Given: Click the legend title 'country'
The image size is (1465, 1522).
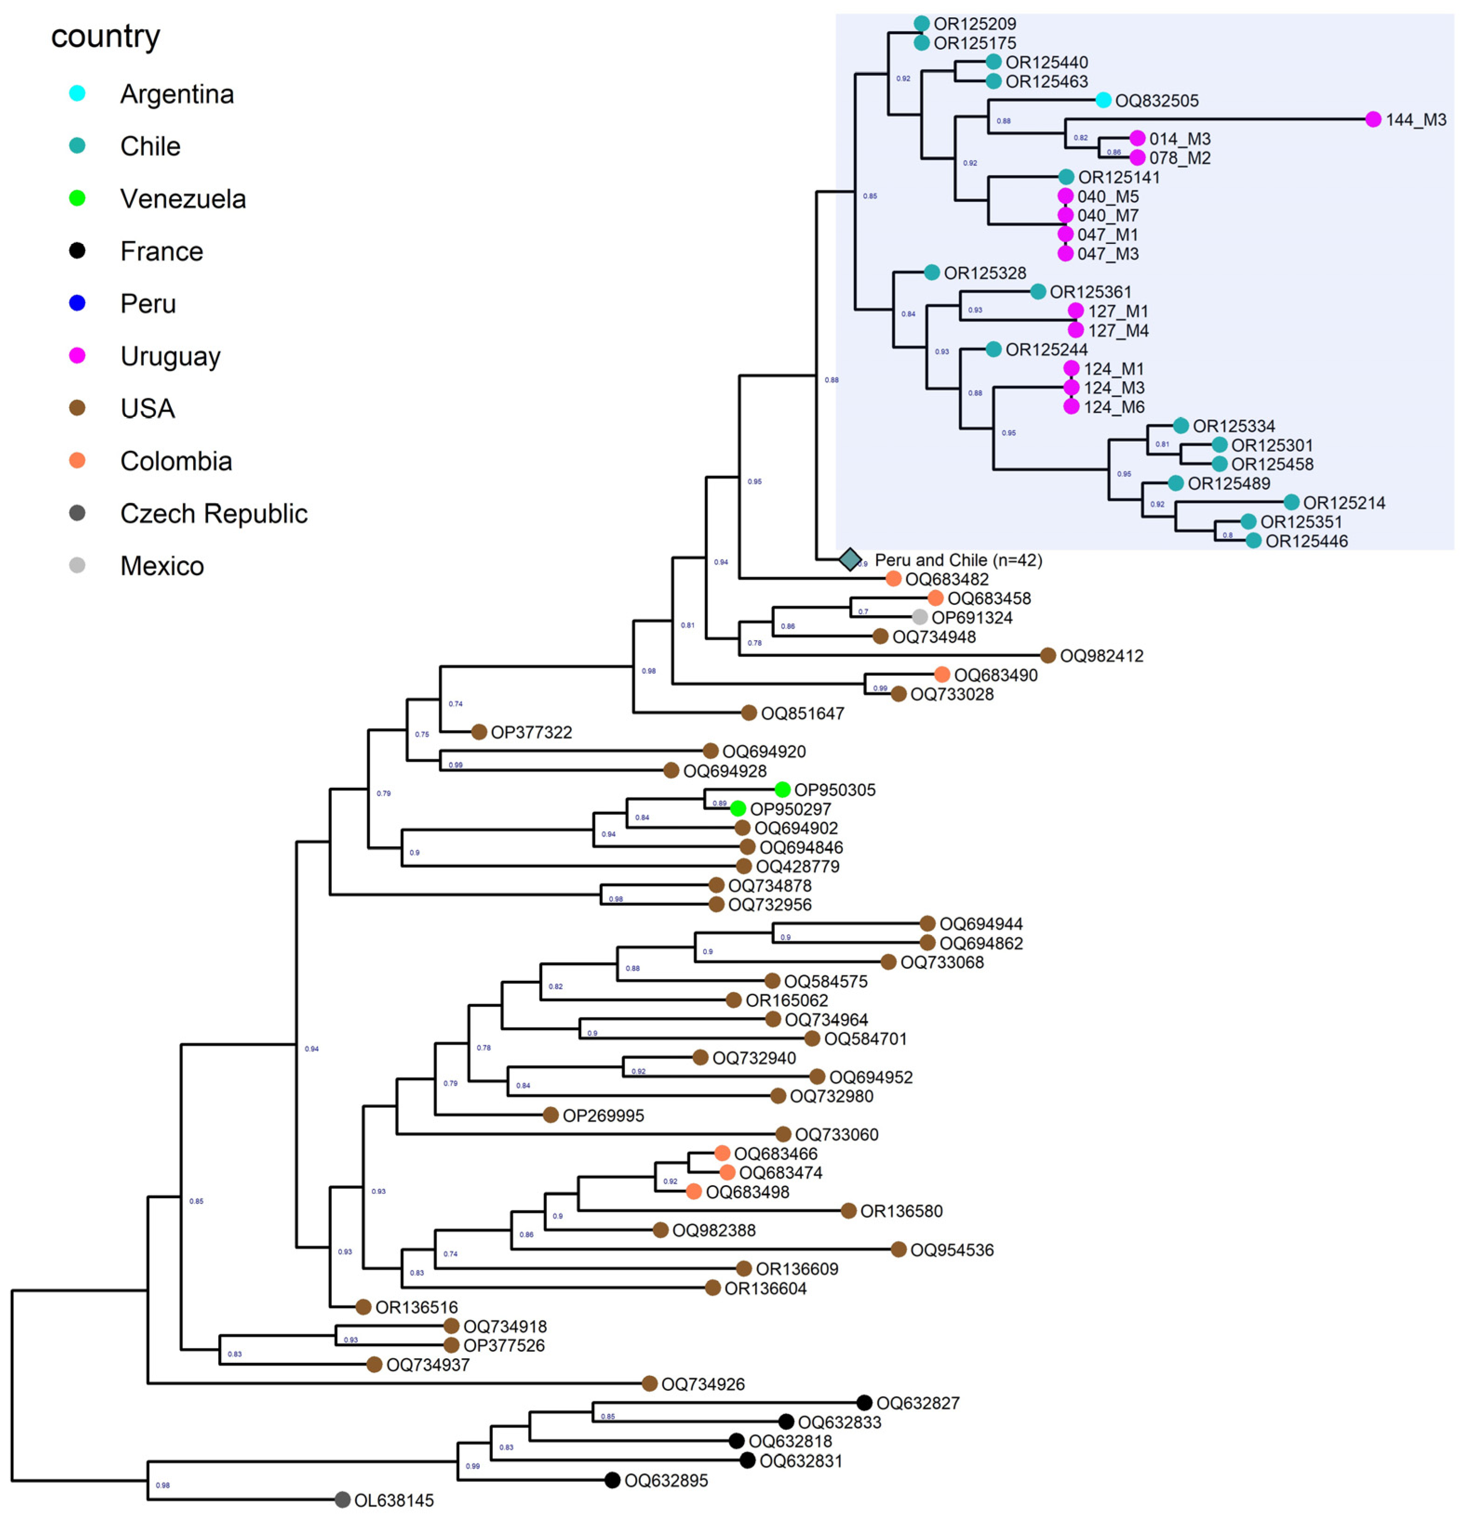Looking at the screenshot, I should coord(106,36).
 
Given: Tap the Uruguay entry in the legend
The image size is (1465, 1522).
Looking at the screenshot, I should coord(170,356).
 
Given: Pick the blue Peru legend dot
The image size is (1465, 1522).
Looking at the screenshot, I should coord(77,303).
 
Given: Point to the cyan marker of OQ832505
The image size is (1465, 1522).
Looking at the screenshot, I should coord(1103,100).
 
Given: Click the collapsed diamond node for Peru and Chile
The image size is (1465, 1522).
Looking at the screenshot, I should coord(851,559).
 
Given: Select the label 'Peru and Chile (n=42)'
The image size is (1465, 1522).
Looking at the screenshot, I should coord(958,560).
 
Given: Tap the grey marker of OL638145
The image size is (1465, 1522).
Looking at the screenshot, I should coord(343,1500).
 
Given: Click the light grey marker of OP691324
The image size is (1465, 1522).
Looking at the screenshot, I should coord(920,617).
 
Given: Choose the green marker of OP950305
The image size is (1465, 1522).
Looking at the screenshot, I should coord(782,790).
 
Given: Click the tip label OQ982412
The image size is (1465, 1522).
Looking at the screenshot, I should coord(1102,656).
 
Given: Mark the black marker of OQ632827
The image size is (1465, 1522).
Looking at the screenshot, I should coord(864,1402).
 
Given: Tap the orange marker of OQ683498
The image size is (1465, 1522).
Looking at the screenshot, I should coord(694,1191).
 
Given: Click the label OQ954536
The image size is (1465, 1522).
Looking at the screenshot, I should coord(952,1249).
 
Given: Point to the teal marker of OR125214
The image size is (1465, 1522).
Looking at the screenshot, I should coord(1291,503).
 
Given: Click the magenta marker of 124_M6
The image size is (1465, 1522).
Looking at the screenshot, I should coord(1071,406).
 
